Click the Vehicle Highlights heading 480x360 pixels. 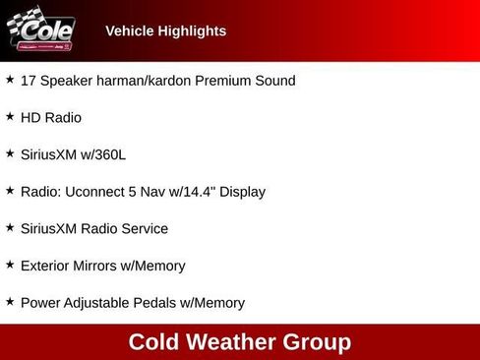click(165, 30)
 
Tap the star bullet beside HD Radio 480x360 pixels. click(10, 116)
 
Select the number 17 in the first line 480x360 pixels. click(29, 81)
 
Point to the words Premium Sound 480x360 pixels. click(250, 81)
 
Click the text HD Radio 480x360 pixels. click(51, 117)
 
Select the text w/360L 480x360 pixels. click(102, 154)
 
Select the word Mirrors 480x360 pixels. click(104, 266)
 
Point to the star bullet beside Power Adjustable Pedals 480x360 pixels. click(10, 302)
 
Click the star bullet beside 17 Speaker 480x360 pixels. click(10, 80)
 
